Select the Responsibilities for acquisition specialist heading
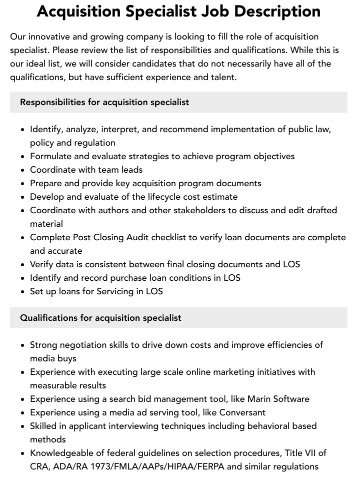tap(104, 102)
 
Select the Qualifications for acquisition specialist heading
tap(100, 318)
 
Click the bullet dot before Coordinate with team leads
tap(22, 170)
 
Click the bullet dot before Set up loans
tap(22, 292)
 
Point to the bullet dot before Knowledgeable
tap(22, 453)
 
